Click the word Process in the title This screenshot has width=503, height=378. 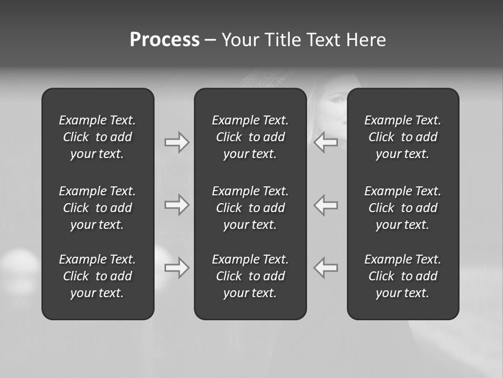(165, 40)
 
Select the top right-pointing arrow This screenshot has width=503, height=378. (177, 142)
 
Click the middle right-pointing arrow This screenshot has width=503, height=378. (177, 205)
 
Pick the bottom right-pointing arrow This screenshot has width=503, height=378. (177, 268)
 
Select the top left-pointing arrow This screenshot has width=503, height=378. (325, 142)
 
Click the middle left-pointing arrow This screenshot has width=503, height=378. (325, 205)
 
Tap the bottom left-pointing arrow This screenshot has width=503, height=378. (325, 268)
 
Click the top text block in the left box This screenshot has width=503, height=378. (97, 137)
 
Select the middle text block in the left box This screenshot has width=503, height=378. (97, 208)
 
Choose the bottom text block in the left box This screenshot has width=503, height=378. (97, 276)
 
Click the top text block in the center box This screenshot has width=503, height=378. (250, 137)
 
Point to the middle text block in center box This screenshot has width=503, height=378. (250, 208)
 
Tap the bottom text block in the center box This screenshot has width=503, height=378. (250, 276)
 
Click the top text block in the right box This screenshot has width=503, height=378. (402, 137)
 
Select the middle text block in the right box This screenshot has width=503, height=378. (402, 208)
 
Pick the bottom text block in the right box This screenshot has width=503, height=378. (402, 276)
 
